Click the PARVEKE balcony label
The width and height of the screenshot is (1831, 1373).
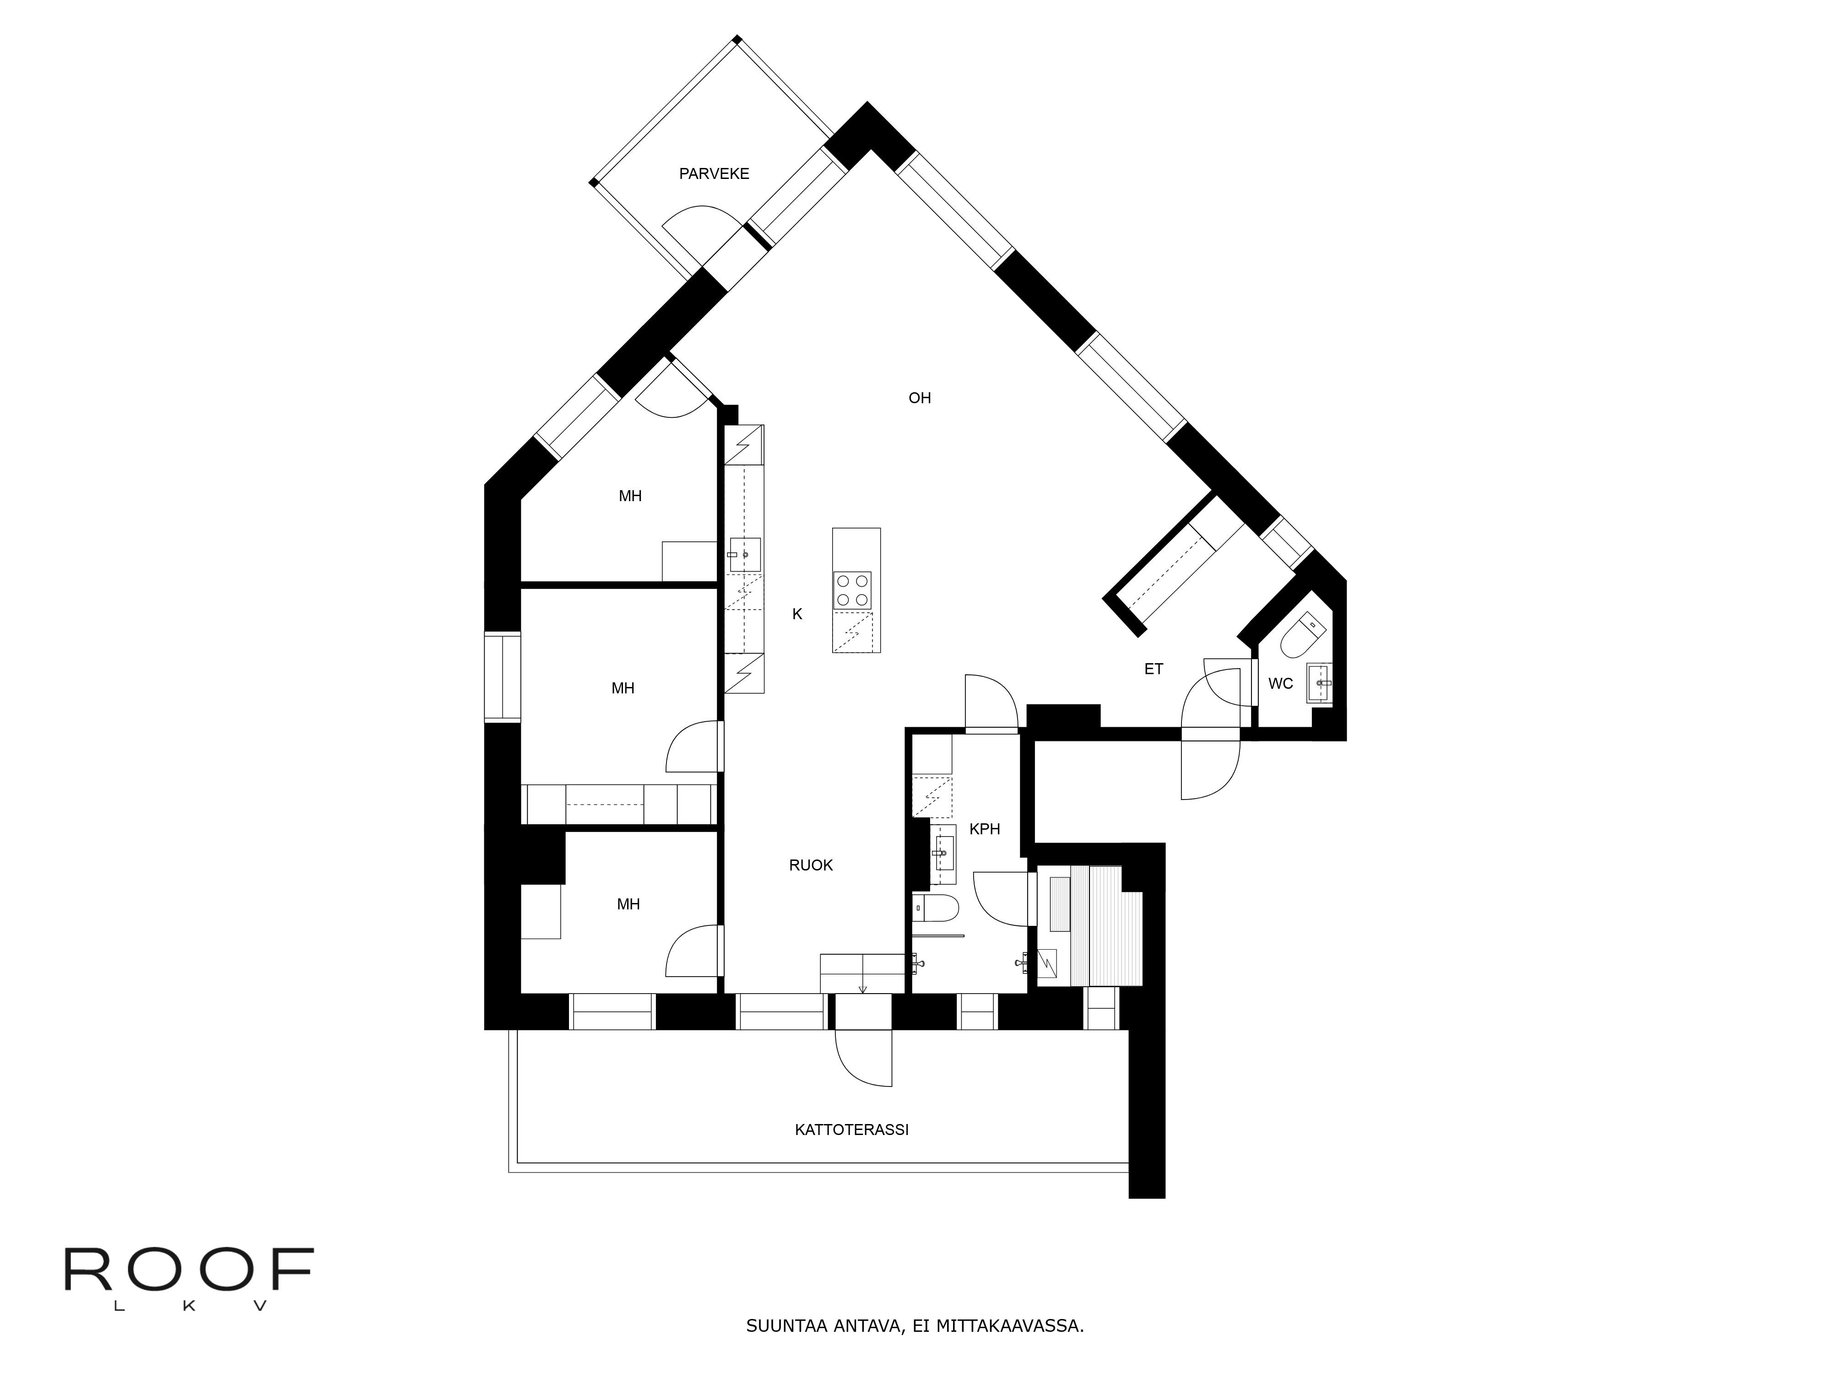pyautogui.click(x=714, y=174)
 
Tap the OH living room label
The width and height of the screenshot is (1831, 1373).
pyautogui.click(x=920, y=398)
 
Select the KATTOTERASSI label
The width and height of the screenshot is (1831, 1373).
pyautogui.click(x=851, y=1130)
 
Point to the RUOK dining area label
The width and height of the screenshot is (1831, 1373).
pyautogui.click(x=810, y=865)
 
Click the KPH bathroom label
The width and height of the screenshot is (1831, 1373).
pyautogui.click(x=984, y=828)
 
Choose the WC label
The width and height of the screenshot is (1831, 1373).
pyautogui.click(x=1280, y=684)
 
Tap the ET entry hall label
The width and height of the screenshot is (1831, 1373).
pyautogui.click(x=1153, y=669)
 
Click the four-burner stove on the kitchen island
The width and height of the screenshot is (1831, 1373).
pyautogui.click(x=853, y=590)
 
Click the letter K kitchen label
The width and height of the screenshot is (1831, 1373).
pyautogui.click(x=797, y=614)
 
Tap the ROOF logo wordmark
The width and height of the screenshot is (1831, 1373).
pyautogui.click(x=189, y=1270)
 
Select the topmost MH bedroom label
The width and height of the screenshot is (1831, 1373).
pyautogui.click(x=630, y=496)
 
